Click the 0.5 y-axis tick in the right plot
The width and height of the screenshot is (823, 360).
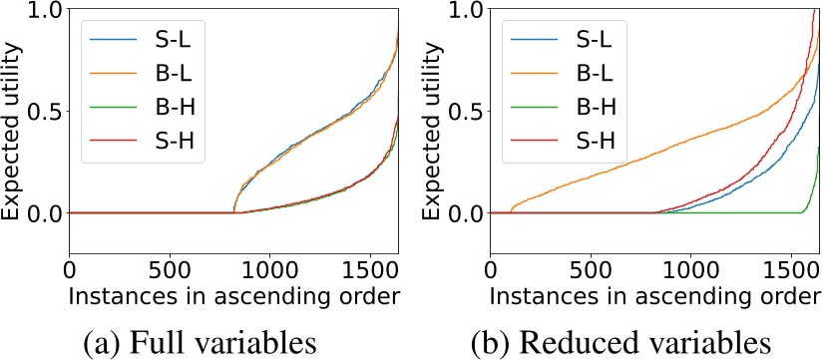click(x=466, y=112)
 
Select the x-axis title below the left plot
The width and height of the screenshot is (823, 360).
click(x=234, y=295)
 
